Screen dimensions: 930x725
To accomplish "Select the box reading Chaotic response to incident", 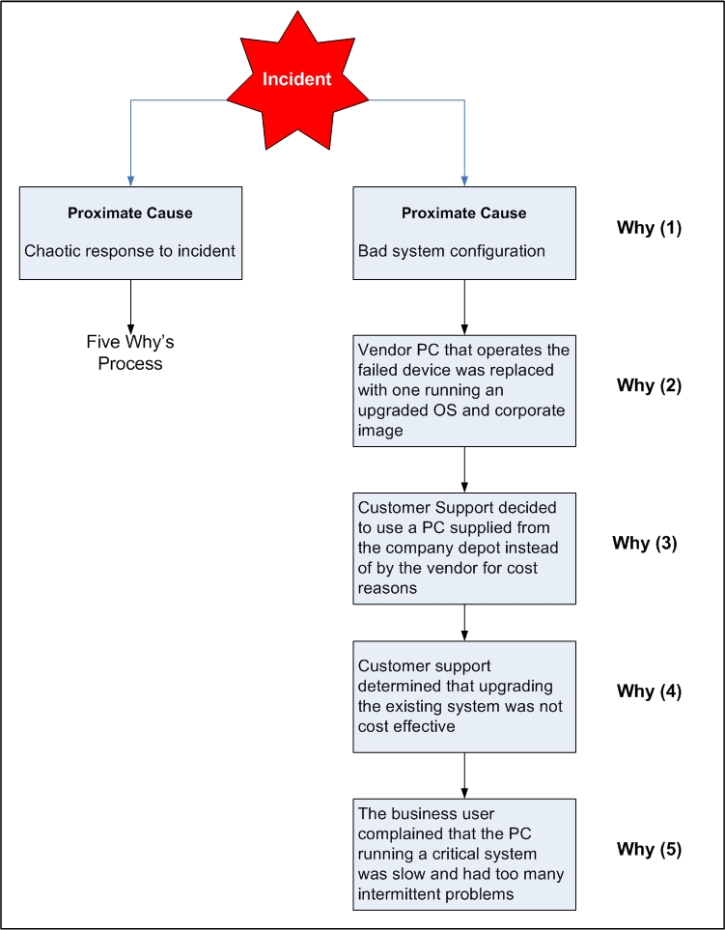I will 130,233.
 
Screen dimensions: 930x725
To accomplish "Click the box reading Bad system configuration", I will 464,233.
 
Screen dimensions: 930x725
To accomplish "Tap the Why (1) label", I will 649,229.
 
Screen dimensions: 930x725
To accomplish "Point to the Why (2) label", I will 649,385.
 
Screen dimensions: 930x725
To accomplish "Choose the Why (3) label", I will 645,543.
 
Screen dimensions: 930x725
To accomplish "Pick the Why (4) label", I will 649,691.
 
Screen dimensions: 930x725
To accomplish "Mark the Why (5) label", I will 649,850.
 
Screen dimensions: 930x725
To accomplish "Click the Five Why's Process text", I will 130,352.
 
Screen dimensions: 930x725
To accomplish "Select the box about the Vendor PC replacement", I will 464,390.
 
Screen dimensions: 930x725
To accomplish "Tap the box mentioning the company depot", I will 464,548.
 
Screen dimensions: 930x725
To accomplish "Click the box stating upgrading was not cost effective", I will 464,696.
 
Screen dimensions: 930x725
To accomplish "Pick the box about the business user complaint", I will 464,854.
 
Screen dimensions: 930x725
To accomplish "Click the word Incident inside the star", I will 297,79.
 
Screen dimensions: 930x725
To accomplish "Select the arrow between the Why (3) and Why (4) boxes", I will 464,622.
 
